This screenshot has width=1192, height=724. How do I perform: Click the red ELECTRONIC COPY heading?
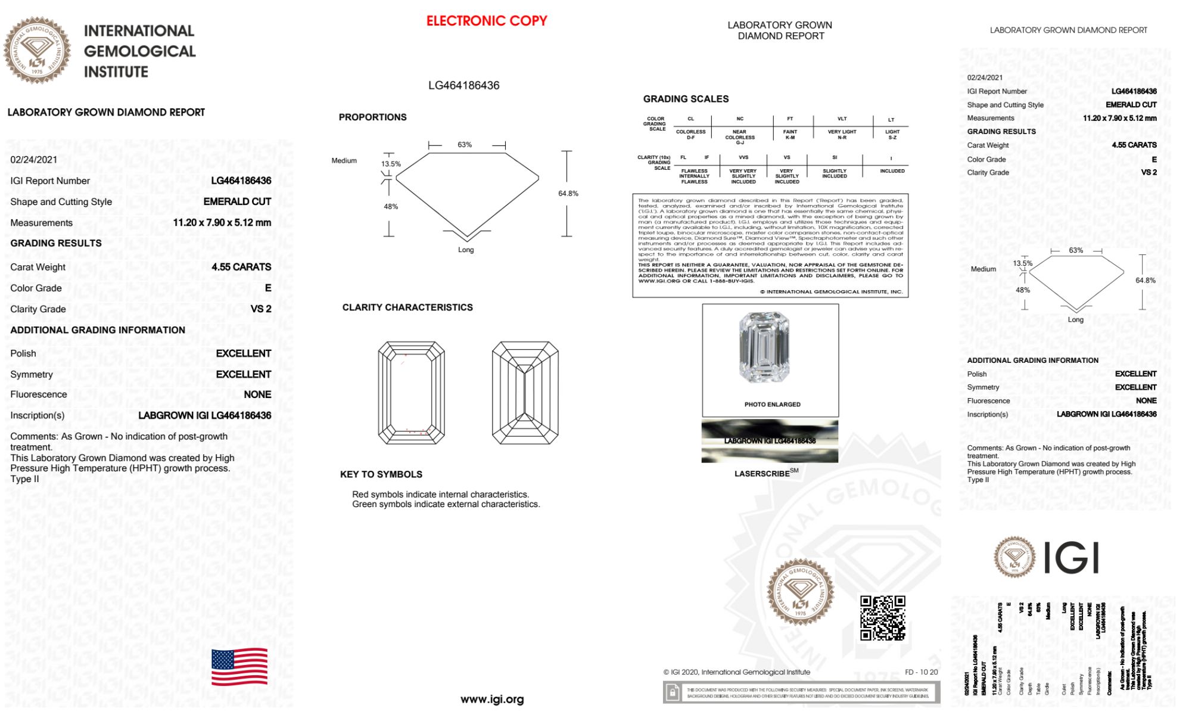coord(486,21)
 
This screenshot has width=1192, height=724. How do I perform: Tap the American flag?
coord(239,667)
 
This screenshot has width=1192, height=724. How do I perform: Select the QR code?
coord(882,617)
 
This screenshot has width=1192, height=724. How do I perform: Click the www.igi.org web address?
coord(492,699)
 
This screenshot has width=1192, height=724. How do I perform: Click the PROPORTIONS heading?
coord(372,117)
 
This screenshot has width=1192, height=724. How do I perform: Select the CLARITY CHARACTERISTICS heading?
coord(407,307)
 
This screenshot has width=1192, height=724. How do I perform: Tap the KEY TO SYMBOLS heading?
coord(381,474)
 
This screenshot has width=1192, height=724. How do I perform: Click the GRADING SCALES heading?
coord(686,99)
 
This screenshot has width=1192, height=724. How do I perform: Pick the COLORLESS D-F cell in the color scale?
coord(690,135)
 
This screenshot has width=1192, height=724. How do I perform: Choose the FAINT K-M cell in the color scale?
coord(790,135)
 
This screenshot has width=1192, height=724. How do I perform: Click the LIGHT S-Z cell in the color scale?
coord(892,135)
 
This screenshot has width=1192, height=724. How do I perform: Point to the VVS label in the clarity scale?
coord(743,157)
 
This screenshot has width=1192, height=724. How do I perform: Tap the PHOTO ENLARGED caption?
coord(772,405)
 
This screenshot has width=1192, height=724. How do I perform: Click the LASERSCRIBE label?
coord(762,474)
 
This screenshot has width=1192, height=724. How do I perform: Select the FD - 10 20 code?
coord(921,672)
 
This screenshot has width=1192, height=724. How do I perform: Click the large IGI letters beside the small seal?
coord(1071,558)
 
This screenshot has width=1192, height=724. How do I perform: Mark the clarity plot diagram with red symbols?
coord(411,393)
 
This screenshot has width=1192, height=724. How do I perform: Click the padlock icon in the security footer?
coord(673,692)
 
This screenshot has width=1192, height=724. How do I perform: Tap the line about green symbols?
coord(446,504)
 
